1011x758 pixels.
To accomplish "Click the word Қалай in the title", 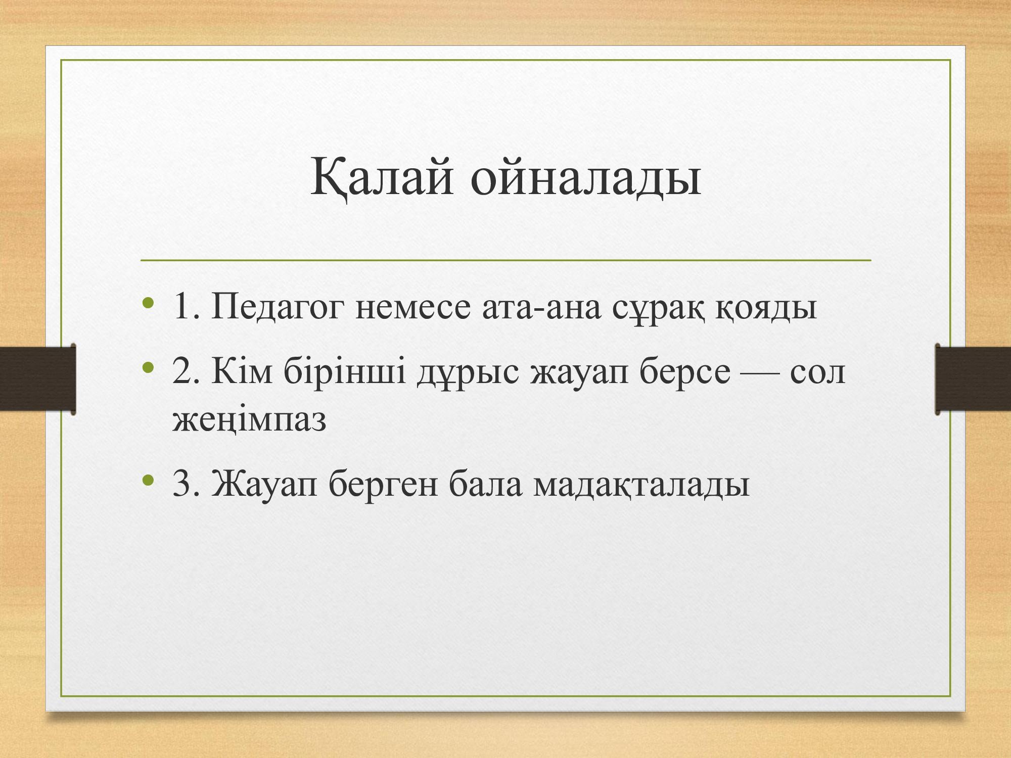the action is (382, 177).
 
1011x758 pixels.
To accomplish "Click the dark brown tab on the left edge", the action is (38, 379).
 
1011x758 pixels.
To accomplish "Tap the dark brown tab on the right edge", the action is (973, 379).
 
